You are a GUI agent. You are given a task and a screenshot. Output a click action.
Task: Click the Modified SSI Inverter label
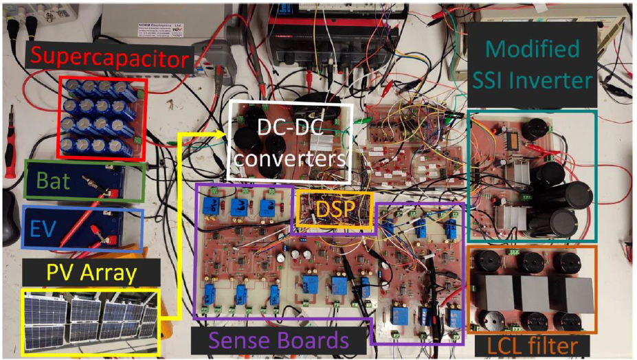coord(533,65)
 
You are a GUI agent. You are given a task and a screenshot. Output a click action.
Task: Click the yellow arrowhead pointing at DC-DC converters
coord(223,137)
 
